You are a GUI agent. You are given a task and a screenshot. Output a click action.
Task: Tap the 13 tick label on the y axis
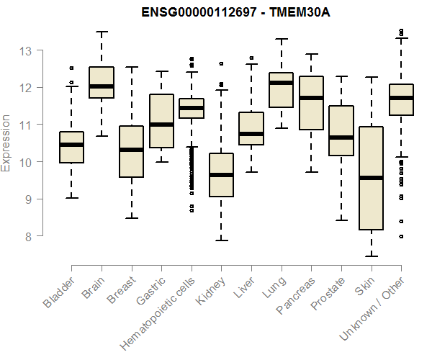[x=27, y=51]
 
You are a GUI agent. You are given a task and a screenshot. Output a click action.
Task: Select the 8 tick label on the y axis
[x=27, y=236]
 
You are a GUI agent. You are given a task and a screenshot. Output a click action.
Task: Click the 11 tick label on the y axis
[x=27, y=125]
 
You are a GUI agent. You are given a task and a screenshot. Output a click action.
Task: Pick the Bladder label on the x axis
[x=60, y=293]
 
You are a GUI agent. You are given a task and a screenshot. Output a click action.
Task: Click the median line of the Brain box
[x=102, y=86]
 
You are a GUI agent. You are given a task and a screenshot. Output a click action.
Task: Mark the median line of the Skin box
[x=371, y=178]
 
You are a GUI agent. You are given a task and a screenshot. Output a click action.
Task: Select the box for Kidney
[x=221, y=175]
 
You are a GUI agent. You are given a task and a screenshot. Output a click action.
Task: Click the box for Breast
[x=131, y=151]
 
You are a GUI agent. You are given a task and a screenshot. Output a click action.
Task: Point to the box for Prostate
[x=341, y=130]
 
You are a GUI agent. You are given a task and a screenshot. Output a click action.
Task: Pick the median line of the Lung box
[x=281, y=83]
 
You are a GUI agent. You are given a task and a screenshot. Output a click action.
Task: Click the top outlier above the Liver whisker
[x=251, y=58]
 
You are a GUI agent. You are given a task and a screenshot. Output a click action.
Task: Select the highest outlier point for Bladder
[x=71, y=68]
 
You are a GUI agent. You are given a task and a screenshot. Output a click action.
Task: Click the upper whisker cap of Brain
[x=102, y=32]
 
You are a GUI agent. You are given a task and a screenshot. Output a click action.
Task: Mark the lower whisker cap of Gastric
[x=161, y=162]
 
